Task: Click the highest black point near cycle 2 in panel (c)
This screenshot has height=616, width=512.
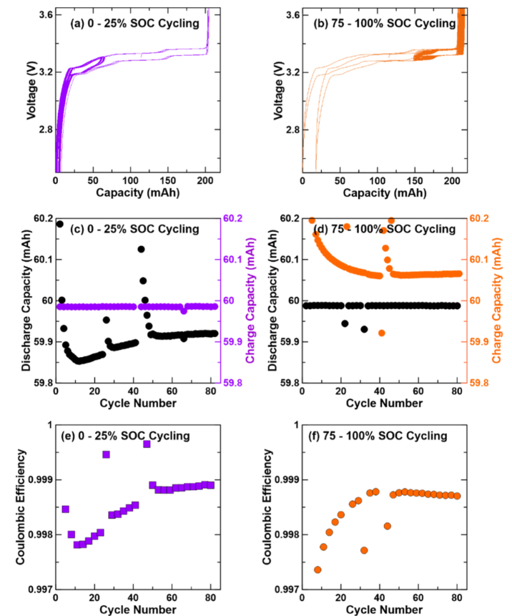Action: click(x=59, y=224)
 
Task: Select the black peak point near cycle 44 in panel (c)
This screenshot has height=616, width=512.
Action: click(x=141, y=249)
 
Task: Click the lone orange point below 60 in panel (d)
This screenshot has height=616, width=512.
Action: click(x=382, y=333)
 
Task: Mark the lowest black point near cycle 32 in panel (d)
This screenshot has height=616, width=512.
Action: click(x=364, y=329)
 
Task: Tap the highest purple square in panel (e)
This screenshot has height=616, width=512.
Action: click(x=147, y=444)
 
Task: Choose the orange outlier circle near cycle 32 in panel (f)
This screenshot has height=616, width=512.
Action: click(x=364, y=550)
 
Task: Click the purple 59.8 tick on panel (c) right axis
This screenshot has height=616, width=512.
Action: click(x=233, y=383)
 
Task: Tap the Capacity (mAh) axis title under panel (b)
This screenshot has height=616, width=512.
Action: click(x=383, y=193)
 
